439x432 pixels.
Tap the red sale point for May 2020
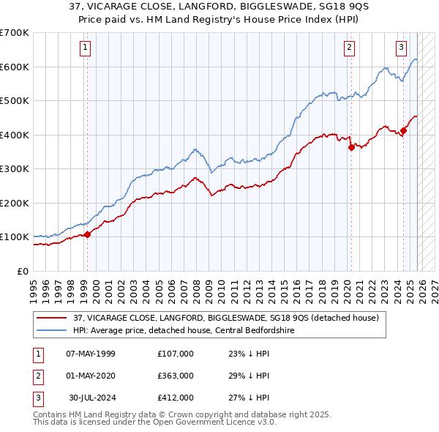point(351,147)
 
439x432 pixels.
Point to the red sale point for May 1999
point(87,234)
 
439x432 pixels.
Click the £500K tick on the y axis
point(14,100)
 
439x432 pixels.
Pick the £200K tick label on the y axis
point(14,203)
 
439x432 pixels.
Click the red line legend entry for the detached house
point(225,318)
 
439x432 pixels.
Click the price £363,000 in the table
point(175,376)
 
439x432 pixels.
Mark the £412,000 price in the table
point(175,398)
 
